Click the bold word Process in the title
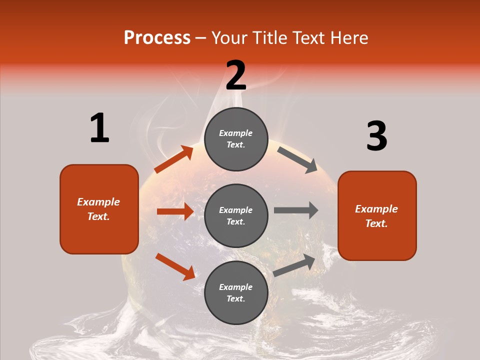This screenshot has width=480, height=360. click(157, 38)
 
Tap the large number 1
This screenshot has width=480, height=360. click(99, 128)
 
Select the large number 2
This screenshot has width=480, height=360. click(236, 75)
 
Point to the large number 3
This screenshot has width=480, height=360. click(376, 136)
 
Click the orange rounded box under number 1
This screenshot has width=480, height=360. click(99, 209)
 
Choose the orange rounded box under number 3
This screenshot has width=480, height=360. click(377, 215)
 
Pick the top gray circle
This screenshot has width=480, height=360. click(236, 139)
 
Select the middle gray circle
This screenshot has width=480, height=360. click(236, 215)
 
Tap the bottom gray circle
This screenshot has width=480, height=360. click(236, 292)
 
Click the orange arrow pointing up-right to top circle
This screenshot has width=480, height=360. click(173, 159)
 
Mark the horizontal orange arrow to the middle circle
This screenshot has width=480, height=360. click(175, 211)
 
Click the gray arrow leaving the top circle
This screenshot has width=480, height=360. click(297, 159)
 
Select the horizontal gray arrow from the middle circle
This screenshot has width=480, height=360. click(296, 210)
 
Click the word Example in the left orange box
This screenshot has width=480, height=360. click(98, 202)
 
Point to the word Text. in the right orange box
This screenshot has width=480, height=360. click(376, 223)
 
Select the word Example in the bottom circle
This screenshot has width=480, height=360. click(236, 287)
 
